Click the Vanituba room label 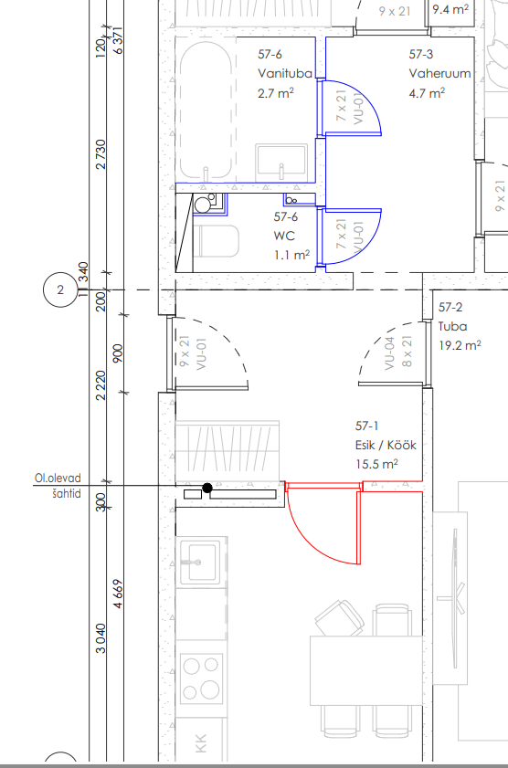click(x=285, y=73)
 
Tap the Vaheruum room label click(x=439, y=73)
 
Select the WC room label click(x=284, y=236)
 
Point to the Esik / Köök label click(x=386, y=445)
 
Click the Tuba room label click(x=452, y=326)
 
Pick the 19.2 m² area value click(x=460, y=345)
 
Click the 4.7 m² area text click(x=427, y=92)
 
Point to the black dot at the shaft click(x=207, y=488)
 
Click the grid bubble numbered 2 click(x=60, y=290)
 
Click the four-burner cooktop click(x=201, y=679)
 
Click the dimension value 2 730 click(x=101, y=154)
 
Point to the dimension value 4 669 click(x=118, y=594)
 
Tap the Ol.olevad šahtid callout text click(x=58, y=486)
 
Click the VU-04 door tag click(x=389, y=352)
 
